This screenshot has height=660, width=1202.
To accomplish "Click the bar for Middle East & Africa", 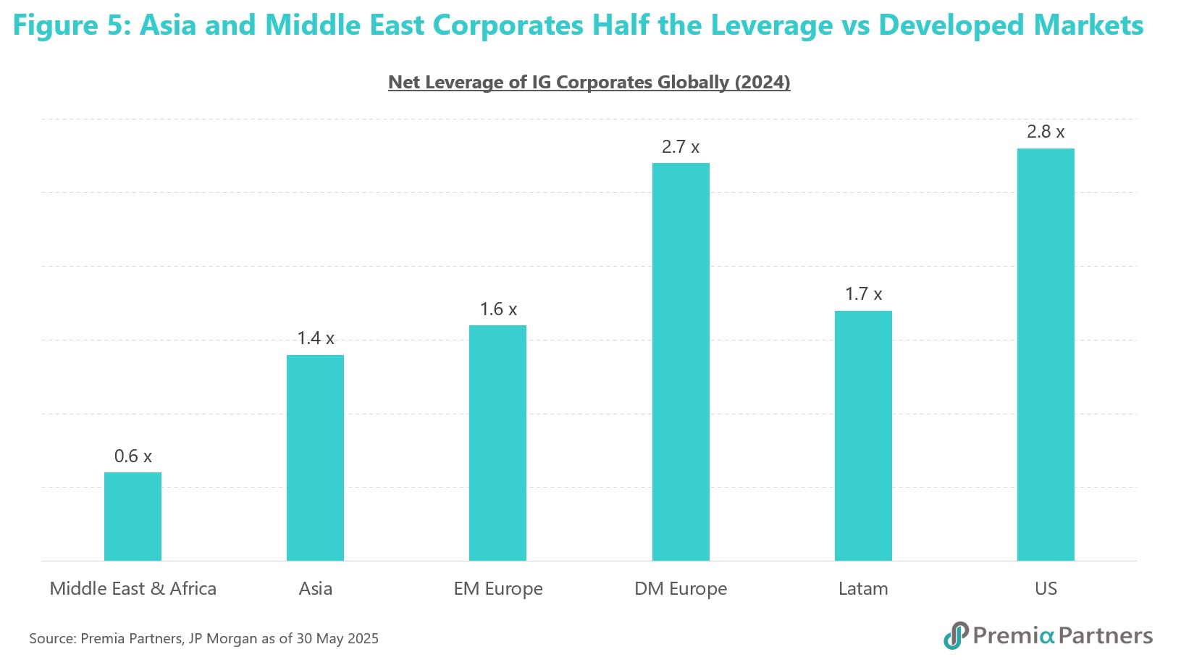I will (133, 516).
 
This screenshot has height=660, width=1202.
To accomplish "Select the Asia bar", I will (315, 457).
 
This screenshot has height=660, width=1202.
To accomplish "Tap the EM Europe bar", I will (497, 443).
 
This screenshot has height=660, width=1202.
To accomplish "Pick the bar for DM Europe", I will (681, 362).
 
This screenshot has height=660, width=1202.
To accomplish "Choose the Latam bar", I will (863, 435).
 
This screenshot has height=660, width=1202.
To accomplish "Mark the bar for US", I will (1046, 354).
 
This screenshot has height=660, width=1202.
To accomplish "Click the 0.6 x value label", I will (133, 456).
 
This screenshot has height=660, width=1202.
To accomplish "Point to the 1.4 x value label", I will (316, 338).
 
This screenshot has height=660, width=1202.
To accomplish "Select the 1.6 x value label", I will (498, 309).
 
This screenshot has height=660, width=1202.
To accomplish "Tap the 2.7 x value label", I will (681, 147).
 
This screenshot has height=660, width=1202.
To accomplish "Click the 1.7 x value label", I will (863, 294).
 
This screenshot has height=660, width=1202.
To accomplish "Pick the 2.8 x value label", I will (1046, 132).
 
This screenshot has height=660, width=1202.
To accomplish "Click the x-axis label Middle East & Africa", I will (133, 588).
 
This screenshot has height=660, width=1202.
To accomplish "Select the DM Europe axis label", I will (681, 588).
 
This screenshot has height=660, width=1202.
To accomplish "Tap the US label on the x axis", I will (1046, 588).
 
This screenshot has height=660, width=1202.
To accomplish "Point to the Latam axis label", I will (863, 588).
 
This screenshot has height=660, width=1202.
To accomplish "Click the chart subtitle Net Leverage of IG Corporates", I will (589, 83).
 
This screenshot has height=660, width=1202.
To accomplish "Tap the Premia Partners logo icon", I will (956, 635).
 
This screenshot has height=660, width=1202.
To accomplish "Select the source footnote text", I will (203, 638).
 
